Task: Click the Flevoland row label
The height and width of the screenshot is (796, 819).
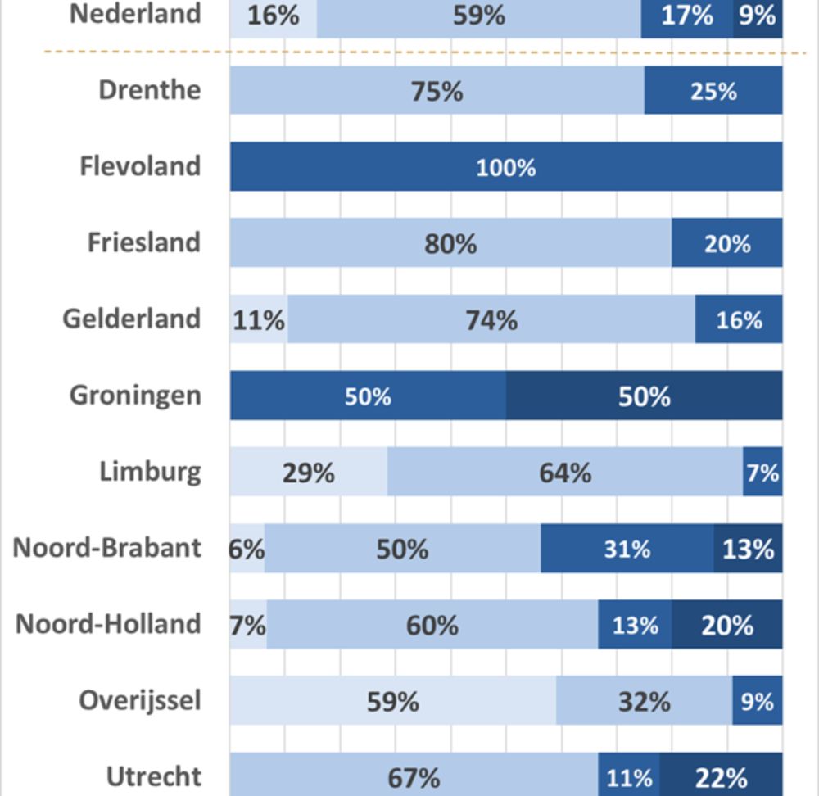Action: pyautogui.click(x=140, y=166)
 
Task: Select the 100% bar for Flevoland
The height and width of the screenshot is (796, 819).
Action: pyautogui.click(x=505, y=167)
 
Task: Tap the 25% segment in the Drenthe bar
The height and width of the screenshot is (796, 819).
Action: pyautogui.click(x=713, y=91)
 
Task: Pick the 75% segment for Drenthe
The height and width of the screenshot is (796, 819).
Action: pyautogui.click(x=437, y=91)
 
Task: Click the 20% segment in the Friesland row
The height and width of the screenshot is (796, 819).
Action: pyautogui.click(x=726, y=243)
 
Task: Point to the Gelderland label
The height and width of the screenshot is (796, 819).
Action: pyautogui.click(x=132, y=319)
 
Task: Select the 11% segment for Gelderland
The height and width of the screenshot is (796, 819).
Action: pyautogui.click(x=258, y=319)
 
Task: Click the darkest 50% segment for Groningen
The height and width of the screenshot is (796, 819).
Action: pyautogui.click(x=644, y=396)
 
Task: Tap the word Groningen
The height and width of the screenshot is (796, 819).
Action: pyautogui.click(x=135, y=395)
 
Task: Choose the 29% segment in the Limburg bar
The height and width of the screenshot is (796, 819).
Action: pyautogui.click(x=308, y=472)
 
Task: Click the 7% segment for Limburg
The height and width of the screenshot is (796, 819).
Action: pyautogui.click(x=762, y=472)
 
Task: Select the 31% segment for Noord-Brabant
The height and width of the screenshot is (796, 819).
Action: pyautogui.click(x=627, y=548)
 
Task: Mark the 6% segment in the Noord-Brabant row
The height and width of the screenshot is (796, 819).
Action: pyautogui.click(x=247, y=548)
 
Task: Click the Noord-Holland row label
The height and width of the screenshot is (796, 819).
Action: pyautogui.click(x=108, y=624)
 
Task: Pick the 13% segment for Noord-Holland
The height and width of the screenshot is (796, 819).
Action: pyautogui.click(x=635, y=625)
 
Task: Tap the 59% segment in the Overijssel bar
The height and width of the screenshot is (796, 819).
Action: pyautogui.click(x=392, y=701)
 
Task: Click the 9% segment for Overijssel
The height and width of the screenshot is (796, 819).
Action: pyautogui.click(x=757, y=701)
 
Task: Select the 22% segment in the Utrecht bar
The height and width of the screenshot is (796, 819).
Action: pyautogui.click(x=721, y=776)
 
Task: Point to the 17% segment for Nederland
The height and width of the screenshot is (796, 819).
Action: pyautogui.click(x=686, y=16)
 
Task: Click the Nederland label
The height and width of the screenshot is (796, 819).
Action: pyautogui.click(x=135, y=14)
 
